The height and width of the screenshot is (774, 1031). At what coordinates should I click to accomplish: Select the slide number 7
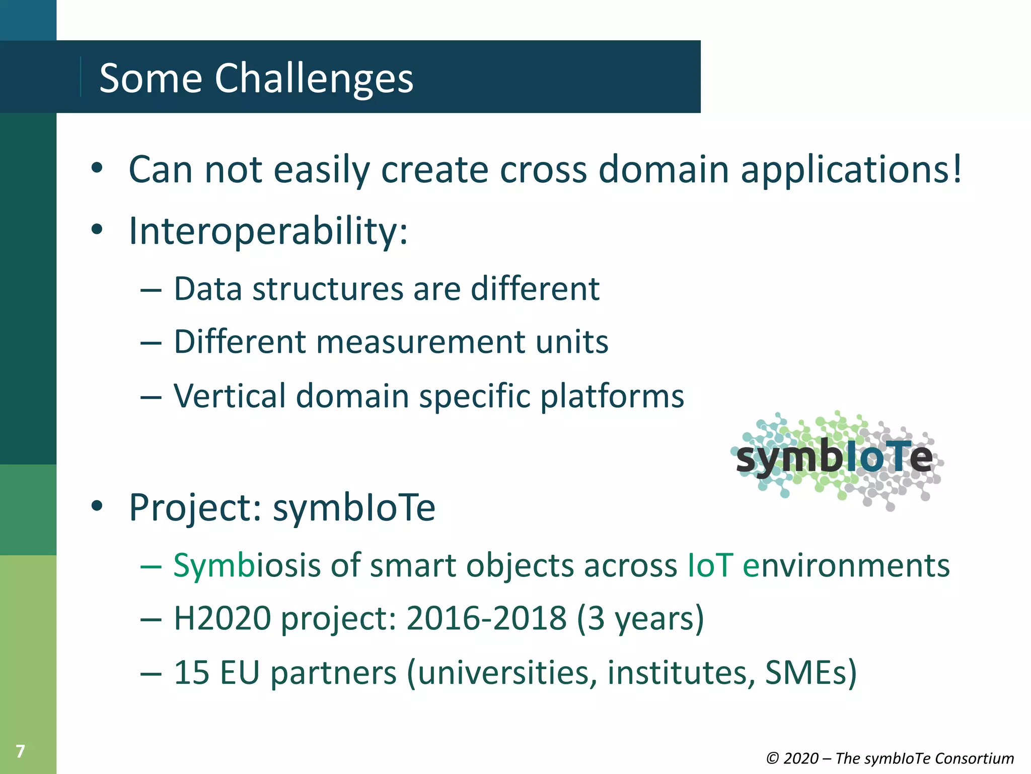point(20,751)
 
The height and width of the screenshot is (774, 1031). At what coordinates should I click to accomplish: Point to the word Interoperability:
point(268,231)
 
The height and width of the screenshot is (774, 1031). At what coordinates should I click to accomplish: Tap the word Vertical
point(230,396)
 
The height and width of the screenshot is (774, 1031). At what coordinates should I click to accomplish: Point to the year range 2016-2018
point(486,618)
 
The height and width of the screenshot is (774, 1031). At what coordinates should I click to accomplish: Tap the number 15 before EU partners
point(191,672)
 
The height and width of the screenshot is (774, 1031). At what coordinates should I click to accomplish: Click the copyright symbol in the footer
point(772,758)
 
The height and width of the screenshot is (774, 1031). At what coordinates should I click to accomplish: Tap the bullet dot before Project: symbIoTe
point(97,506)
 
